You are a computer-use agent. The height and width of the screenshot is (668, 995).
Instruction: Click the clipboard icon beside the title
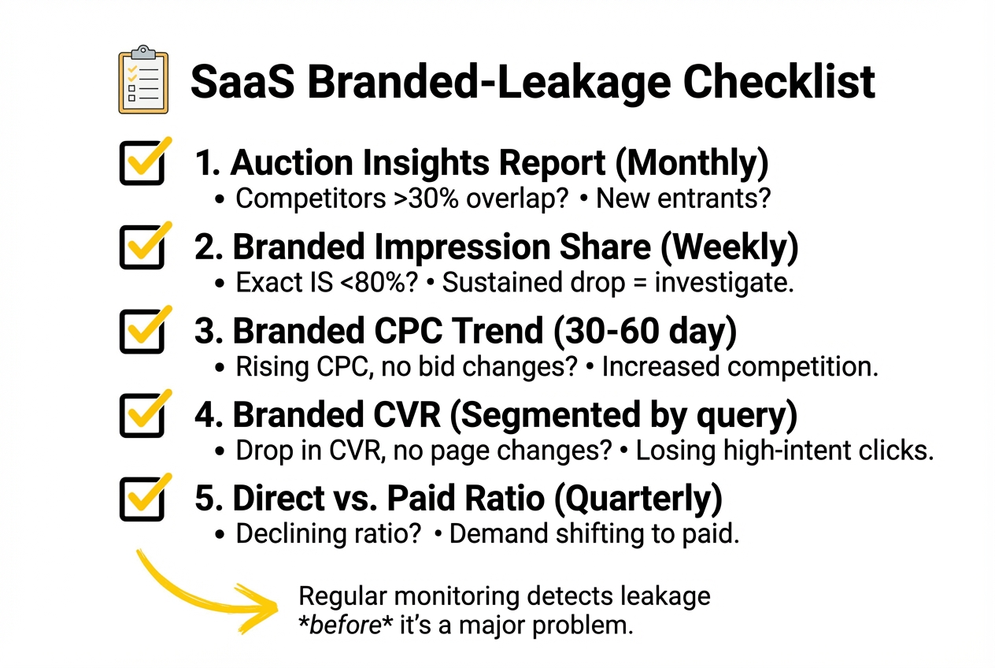(142, 80)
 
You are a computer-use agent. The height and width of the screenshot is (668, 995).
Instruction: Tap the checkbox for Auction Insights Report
(142, 163)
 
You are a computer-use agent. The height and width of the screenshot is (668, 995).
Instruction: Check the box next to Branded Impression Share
(142, 247)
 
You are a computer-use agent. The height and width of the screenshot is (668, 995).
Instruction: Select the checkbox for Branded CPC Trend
(142, 331)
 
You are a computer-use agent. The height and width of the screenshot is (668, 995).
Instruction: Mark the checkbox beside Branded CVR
(142, 414)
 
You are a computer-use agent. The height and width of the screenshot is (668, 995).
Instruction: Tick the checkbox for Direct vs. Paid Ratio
(142, 499)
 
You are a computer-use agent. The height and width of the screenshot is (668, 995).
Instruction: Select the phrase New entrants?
(682, 198)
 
